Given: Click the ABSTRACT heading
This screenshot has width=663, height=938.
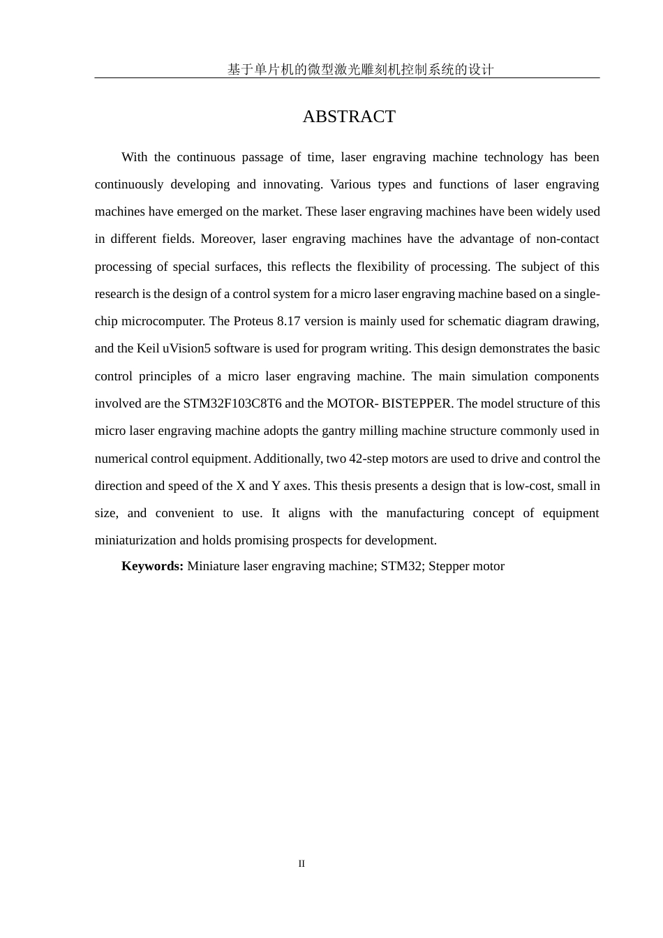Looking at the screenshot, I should (x=349, y=117).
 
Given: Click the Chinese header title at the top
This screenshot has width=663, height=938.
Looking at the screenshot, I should (x=360, y=69).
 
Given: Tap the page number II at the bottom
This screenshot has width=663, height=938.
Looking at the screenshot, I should (x=301, y=863).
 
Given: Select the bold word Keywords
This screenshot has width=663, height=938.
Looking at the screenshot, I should (x=152, y=566).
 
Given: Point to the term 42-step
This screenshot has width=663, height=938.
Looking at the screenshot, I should (x=368, y=459).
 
